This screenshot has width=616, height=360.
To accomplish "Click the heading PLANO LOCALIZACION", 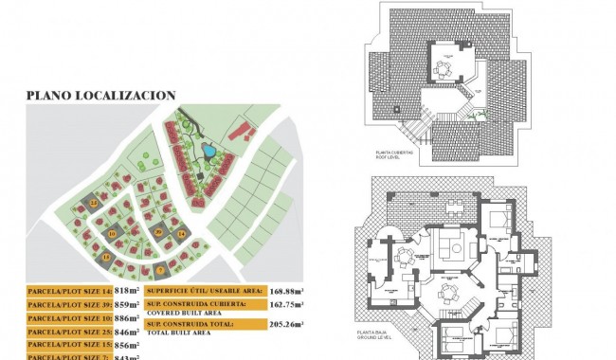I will (101, 95).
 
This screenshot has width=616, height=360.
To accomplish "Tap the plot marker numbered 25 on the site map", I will (95, 202).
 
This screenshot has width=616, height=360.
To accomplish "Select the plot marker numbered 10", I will (112, 233).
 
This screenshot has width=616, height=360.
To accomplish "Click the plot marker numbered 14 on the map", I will (181, 233).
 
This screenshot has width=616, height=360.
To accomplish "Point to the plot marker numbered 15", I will (107, 257).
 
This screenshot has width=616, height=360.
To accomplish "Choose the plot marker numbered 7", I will (160, 269).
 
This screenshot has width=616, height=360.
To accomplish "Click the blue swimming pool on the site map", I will (207, 150).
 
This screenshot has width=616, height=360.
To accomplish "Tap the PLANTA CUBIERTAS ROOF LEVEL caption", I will (397, 156).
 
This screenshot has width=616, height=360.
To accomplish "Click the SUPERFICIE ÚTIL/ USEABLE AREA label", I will (203, 292).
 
